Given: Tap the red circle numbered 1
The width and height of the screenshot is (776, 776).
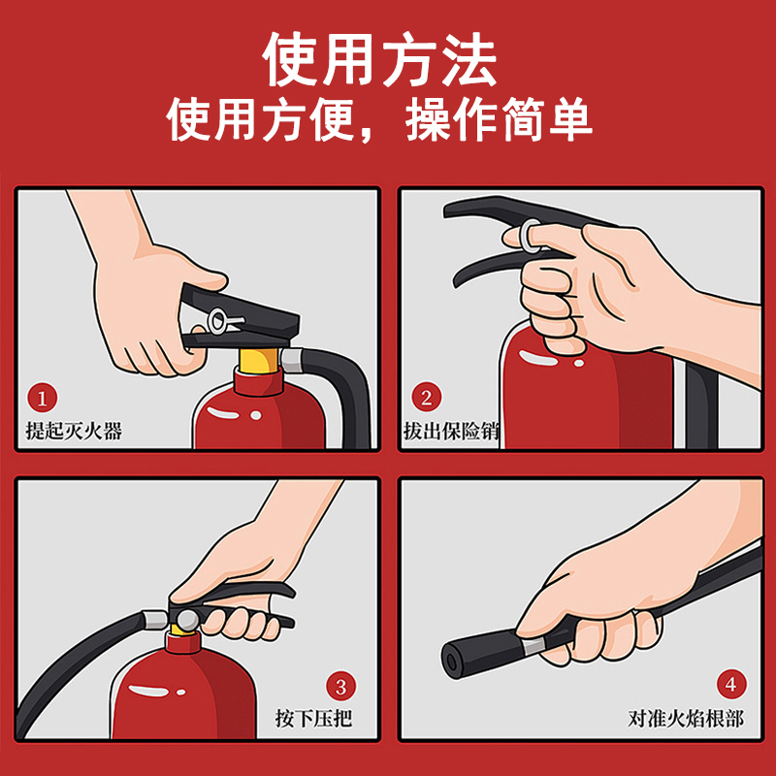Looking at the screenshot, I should [x=43, y=398].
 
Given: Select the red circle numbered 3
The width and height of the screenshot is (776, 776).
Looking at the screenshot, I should [x=339, y=687].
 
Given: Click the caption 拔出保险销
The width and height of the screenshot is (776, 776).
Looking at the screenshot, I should [x=450, y=431].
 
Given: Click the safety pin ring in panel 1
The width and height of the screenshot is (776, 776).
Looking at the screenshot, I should [x=218, y=318].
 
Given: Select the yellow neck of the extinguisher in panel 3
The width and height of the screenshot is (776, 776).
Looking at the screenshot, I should [x=181, y=641].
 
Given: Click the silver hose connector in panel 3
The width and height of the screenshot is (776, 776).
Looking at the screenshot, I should [x=155, y=620].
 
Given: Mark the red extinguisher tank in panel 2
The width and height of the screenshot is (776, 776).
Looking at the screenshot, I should [x=582, y=398].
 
